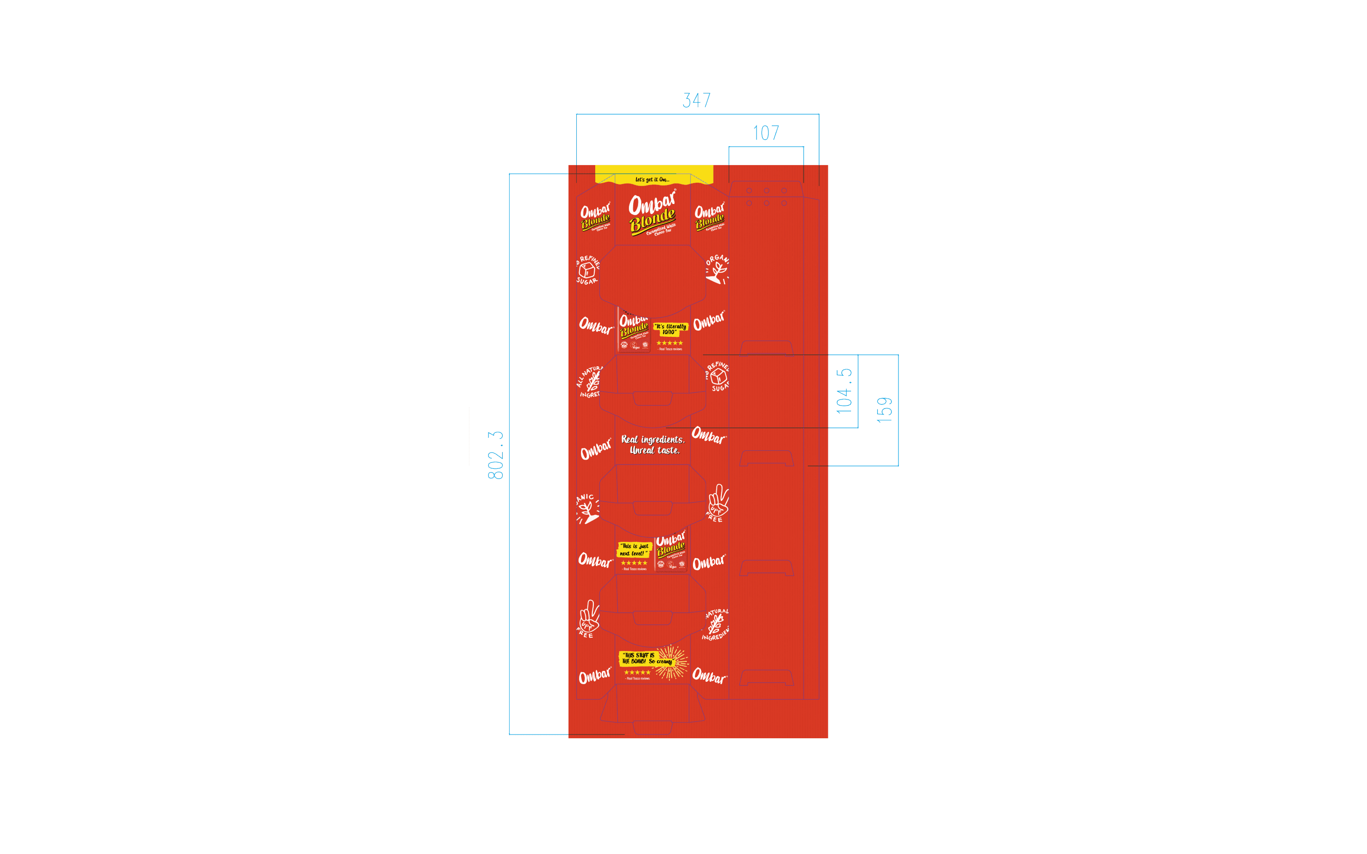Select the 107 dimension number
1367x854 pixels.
pyautogui.click(x=766, y=133)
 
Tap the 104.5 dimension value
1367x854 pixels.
pyautogui.click(x=844, y=391)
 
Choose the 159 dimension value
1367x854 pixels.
pyautogui.click(x=885, y=409)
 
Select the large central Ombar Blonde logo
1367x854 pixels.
pyautogui.click(x=653, y=213)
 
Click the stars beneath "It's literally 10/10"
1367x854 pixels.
pyautogui.click(x=669, y=343)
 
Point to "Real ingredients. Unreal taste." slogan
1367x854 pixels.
pyautogui.click(x=653, y=445)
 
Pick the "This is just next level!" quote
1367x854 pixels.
pyautogui.click(x=634, y=549)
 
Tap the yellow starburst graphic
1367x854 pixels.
pyautogui.click(x=673, y=661)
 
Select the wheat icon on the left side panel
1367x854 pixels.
pyautogui.click(x=591, y=382)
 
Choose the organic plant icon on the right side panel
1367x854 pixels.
pyautogui.click(x=717, y=270)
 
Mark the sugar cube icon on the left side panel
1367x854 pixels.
pyautogui.click(x=588, y=270)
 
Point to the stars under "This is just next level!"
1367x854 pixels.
pyautogui.click(x=634, y=563)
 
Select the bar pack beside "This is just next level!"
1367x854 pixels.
pyautogui.click(x=671, y=552)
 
